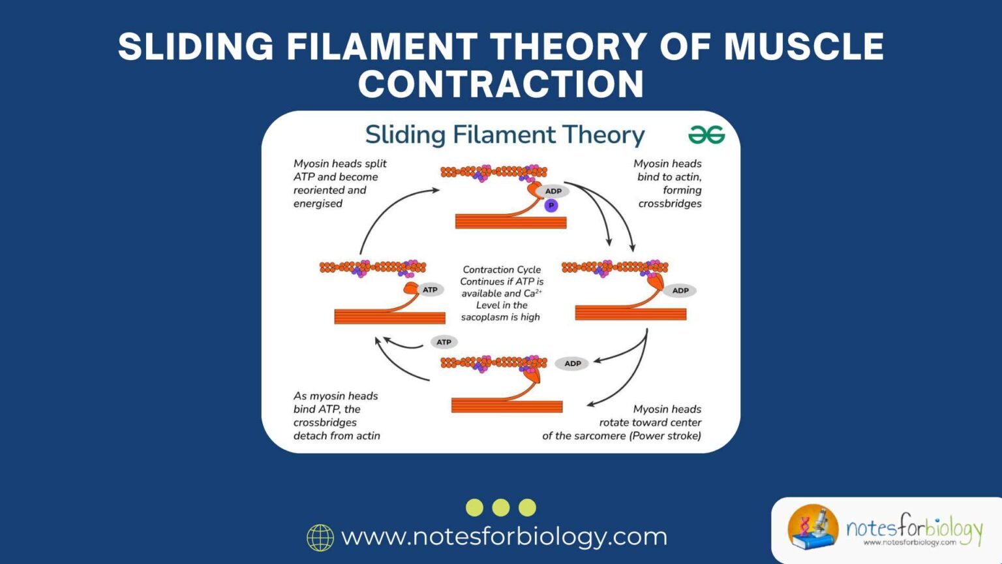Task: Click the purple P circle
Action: pos(551,206)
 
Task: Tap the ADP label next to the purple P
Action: pos(553,191)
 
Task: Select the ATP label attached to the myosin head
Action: pos(430,290)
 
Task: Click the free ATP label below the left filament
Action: pos(444,342)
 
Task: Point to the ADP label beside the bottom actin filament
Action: pos(572,364)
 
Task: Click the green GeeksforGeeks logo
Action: pos(706,135)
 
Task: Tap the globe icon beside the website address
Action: pos(320,537)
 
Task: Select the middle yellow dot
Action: pos(501,507)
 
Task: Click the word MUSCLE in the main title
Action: pos(803,47)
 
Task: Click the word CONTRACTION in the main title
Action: pos(501,84)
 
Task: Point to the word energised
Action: pos(318,204)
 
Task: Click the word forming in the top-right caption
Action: pos(682,190)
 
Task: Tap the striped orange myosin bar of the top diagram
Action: pos(511,222)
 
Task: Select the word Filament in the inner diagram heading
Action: pos(504,135)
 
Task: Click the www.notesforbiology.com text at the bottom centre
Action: pos(504,537)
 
